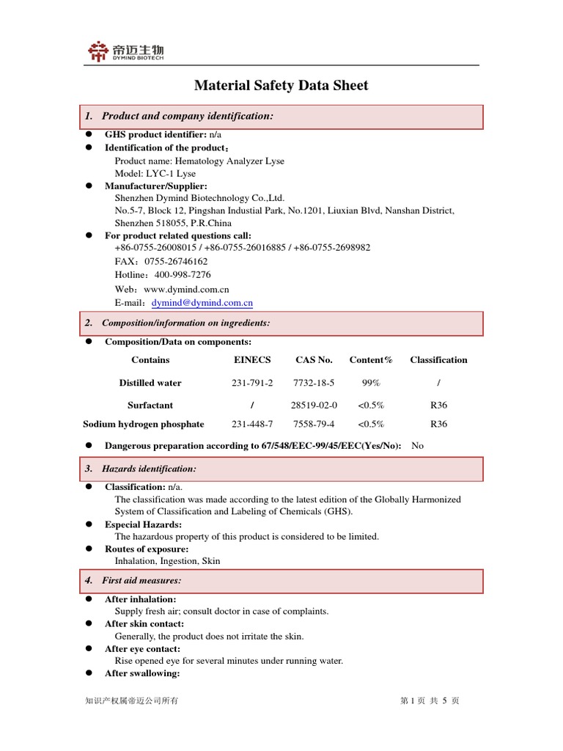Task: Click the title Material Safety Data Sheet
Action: click(x=281, y=86)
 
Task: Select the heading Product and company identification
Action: click(x=187, y=116)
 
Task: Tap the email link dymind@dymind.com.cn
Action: click(x=202, y=303)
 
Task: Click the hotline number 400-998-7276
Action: click(x=183, y=275)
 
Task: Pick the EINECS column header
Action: click(x=252, y=360)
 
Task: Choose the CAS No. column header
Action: click(x=314, y=360)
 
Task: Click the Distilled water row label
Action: click(x=150, y=383)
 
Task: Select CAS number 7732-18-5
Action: click(x=314, y=383)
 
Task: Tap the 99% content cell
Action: click(x=371, y=383)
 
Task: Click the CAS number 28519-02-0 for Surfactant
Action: click(x=314, y=405)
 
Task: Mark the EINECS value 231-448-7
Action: click(x=252, y=424)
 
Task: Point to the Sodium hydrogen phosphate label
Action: click(x=144, y=424)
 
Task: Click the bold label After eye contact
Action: click(x=142, y=649)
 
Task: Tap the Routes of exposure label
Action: click(x=147, y=549)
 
